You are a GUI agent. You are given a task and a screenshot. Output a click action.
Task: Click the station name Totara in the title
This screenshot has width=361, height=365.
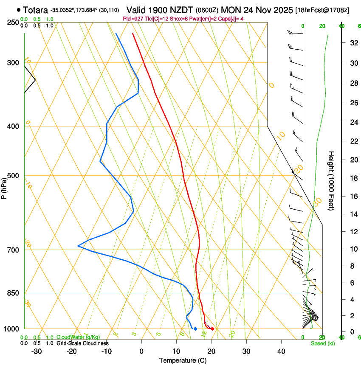pyautogui.click(x=36, y=10)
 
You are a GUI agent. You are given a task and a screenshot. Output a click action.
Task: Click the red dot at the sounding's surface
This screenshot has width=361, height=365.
pyautogui.click(x=212, y=329)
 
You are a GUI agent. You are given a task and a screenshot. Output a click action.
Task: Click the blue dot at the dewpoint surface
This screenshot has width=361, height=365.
pyautogui.click(x=195, y=329)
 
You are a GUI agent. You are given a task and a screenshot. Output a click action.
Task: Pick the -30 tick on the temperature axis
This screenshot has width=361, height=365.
pyautogui.click(x=37, y=351)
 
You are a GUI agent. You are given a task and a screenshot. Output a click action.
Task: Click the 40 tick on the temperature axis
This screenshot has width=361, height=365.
pyautogui.click(x=281, y=351)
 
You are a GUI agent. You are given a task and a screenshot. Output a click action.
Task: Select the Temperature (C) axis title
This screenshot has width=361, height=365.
pyautogui.click(x=183, y=360)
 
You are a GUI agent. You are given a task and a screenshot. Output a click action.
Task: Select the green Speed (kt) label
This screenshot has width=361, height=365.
pyautogui.click(x=322, y=343)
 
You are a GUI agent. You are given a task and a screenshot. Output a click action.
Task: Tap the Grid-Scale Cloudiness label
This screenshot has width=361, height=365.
pyautogui.click(x=82, y=343)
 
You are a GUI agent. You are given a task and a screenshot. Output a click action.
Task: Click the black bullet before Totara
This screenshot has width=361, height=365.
pyautogui.click(x=19, y=9)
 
